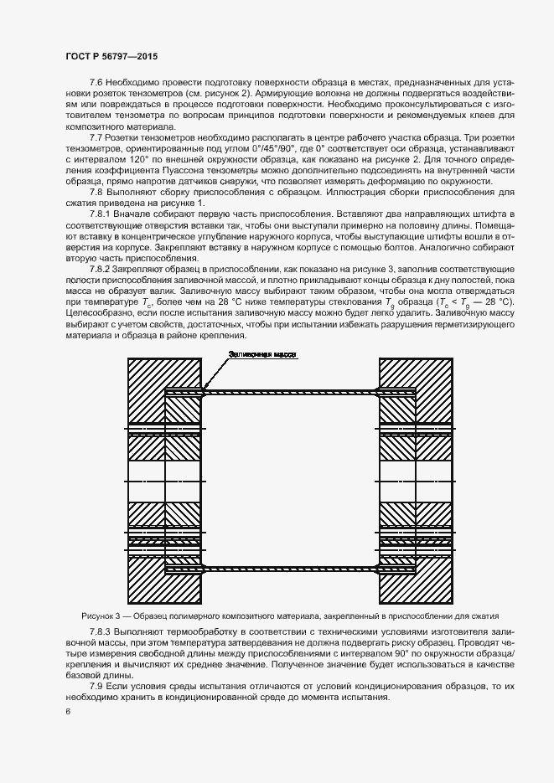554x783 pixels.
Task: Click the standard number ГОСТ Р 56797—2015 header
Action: [111, 55]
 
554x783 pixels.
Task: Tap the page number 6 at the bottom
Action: [67, 711]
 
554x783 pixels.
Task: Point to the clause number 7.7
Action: [96, 137]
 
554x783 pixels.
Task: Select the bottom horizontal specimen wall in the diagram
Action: [289, 569]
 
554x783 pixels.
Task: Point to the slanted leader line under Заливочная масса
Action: [215, 373]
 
